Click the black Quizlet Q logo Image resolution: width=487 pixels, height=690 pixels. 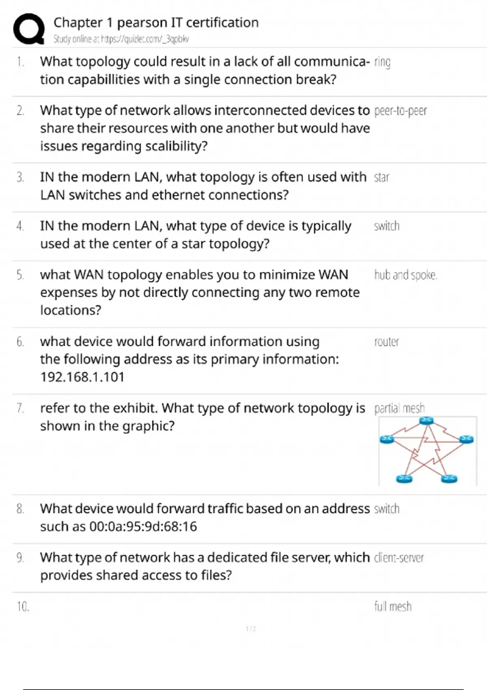tap(29, 29)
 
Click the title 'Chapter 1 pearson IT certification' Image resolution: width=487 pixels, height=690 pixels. tap(156, 23)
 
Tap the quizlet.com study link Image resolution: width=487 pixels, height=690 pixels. tap(121, 39)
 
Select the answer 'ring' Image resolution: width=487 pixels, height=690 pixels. tap(382, 63)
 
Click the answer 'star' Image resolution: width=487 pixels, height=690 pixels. tap(381, 177)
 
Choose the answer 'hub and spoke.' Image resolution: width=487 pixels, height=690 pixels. tap(405, 275)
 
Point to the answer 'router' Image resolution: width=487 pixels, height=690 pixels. tap(387, 342)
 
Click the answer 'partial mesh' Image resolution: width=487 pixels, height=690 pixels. tap(399, 408)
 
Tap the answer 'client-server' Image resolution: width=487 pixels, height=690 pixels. tap(399, 558)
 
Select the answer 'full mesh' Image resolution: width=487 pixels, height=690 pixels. tap(393, 606)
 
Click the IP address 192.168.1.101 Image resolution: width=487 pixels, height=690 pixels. tap(82, 377)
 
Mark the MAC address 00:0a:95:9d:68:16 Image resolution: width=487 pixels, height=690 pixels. tap(143, 526)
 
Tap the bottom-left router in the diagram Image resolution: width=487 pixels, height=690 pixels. tap(404, 479)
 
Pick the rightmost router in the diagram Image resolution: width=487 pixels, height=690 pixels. tap(466, 440)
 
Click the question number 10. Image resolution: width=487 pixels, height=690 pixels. tap(23, 606)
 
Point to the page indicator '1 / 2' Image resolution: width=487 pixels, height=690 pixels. tap(251, 629)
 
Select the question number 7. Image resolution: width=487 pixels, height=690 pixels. tap(20, 408)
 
